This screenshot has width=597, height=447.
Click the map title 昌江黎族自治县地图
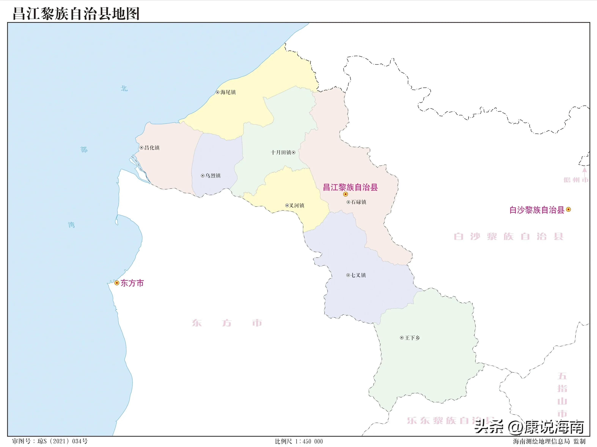point(76,13)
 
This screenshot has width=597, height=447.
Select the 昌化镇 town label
point(152,148)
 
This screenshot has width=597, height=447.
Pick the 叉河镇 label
point(297,206)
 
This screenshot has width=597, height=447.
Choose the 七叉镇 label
point(358,275)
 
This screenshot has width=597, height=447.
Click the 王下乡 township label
point(412,338)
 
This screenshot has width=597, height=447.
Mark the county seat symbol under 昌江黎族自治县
point(346,194)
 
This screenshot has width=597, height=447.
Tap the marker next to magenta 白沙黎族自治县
point(568,209)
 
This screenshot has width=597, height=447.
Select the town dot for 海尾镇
point(218,92)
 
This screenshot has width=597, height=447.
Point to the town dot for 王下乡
point(402,338)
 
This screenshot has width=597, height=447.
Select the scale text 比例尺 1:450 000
point(299,441)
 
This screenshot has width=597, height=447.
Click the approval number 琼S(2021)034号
point(50,441)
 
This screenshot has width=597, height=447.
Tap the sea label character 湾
point(71,225)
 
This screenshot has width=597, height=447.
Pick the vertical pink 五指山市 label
point(562,395)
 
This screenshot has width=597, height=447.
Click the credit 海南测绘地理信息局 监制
point(549,441)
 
